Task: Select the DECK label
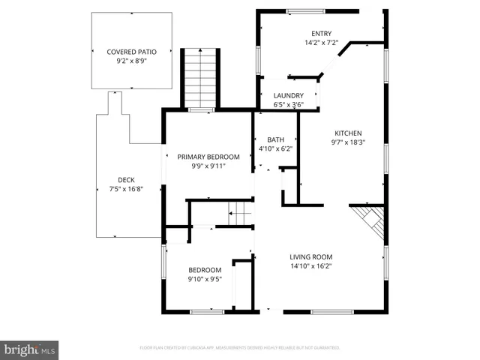pos(126,179)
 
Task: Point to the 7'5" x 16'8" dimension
pos(126,189)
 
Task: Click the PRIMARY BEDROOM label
pos(208,157)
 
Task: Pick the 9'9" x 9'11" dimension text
pos(208,166)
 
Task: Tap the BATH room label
pos(276,139)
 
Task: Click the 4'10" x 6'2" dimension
pos(276,149)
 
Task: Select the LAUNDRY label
pos(288,95)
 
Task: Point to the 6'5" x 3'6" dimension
pos(288,105)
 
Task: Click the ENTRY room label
pos(322,33)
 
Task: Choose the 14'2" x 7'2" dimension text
pos(322,43)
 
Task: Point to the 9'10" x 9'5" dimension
pos(205,280)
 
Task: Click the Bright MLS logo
pos(29,349)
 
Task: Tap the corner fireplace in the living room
pos(369,220)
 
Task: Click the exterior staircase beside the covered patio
pos(200,78)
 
